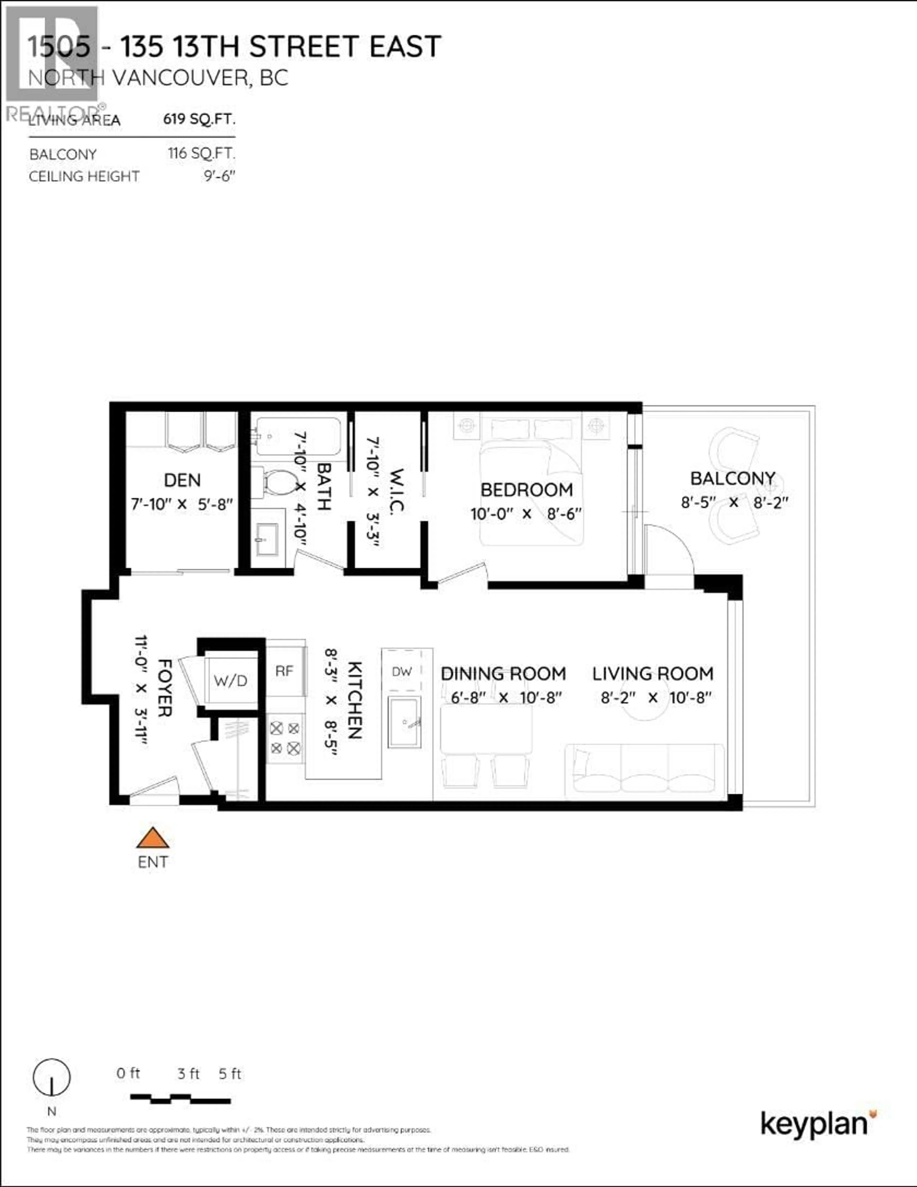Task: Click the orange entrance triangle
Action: [x=153, y=839]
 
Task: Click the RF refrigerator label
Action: [x=284, y=671]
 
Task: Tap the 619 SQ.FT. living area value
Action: [x=199, y=119]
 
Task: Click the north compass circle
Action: [x=52, y=1077]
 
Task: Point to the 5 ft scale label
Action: [x=230, y=1074]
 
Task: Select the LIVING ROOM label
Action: [x=652, y=674]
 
